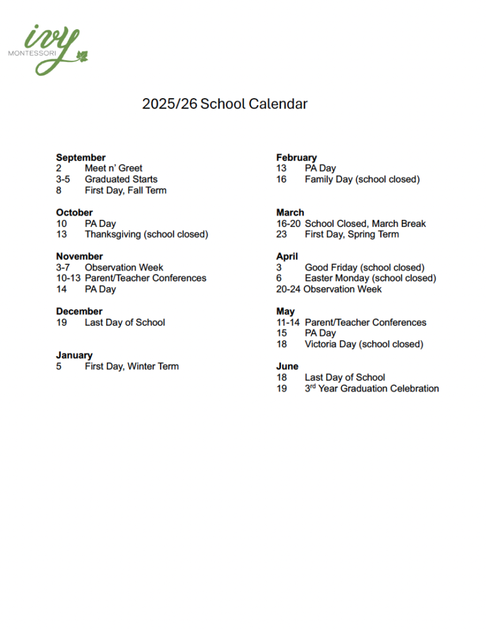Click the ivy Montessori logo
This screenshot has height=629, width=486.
[47, 49]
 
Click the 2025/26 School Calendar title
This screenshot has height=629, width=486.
[225, 104]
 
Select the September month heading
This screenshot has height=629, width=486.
[80, 157]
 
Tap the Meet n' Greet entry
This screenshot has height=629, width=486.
[113, 168]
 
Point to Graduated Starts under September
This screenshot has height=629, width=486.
[121, 179]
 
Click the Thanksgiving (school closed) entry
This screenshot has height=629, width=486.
[146, 234]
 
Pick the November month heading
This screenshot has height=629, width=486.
[79, 257]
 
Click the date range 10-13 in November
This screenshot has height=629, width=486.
[68, 278]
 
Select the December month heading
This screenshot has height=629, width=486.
[79, 312]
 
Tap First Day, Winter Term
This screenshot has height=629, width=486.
[132, 366]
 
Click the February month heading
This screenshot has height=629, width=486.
[296, 157]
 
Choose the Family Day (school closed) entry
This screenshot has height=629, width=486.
[362, 179]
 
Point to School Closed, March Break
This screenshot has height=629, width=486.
[365, 224]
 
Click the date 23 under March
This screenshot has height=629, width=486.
[282, 234]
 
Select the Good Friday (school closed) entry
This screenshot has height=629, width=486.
[364, 267]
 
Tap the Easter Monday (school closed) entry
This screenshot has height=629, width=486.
[370, 278]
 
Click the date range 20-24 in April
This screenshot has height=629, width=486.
[289, 289]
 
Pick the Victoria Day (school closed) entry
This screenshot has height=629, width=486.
[364, 345]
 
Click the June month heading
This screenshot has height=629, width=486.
[287, 366]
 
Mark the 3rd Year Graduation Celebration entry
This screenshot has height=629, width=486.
[371, 388]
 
